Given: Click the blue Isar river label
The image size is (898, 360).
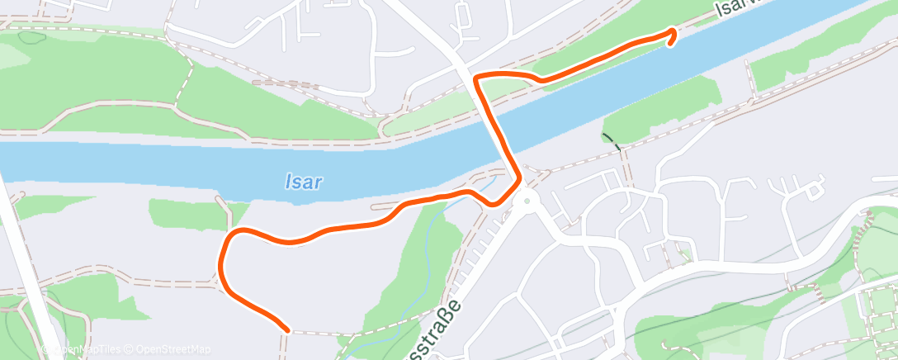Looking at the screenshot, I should [302, 182].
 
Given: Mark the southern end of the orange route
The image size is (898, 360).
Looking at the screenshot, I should [286, 329].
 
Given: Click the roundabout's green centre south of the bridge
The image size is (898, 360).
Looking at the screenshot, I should [525, 201].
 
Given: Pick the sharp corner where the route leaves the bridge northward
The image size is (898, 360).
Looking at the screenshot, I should [476, 77].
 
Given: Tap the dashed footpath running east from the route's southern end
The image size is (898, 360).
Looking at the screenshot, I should [314, 333].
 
